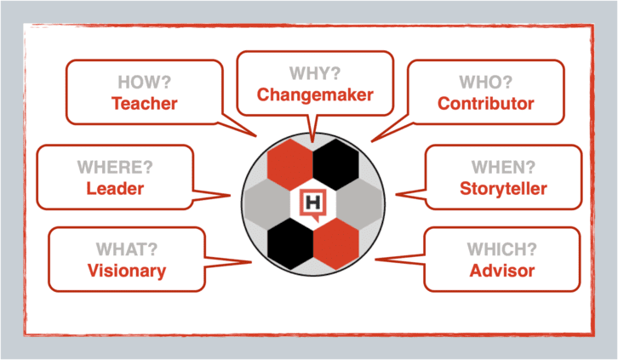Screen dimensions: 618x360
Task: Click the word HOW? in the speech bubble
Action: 144,83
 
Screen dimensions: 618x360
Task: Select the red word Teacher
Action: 144,104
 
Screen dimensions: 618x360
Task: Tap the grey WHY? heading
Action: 314,73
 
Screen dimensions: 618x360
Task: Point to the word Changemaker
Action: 315,95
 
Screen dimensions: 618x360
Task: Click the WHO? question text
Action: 485,83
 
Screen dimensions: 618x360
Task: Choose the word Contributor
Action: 485,104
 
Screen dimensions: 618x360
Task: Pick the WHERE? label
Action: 115,168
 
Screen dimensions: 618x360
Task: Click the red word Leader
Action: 115,189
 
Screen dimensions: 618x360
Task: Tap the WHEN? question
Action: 503,168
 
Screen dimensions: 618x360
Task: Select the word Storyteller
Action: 503,189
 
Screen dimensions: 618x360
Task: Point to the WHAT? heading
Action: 127,249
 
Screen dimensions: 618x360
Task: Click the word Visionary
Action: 127,271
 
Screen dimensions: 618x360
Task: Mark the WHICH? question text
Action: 501,249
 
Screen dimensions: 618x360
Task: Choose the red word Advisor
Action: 501,271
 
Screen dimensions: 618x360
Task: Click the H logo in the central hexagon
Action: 313,204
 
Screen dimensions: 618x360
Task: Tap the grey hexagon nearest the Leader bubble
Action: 267,204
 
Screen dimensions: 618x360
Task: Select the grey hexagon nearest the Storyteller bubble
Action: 359,204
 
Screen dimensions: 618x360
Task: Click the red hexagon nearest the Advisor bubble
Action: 336,243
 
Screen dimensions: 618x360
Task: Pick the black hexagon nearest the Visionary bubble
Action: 290,243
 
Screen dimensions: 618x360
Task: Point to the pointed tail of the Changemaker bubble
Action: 312,141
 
